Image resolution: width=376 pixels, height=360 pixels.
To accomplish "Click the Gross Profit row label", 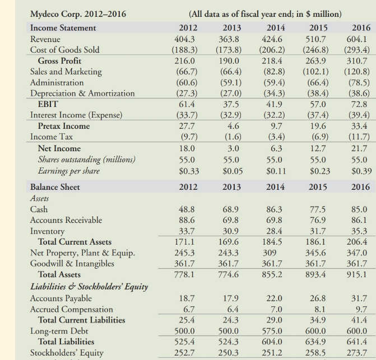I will click(x=59, y=60).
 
